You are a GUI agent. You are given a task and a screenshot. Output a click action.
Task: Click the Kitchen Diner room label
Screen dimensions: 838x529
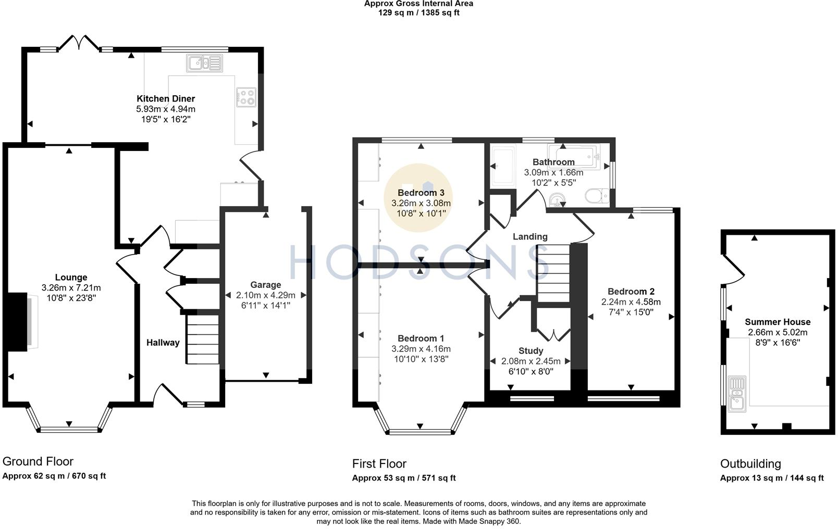[166, 99]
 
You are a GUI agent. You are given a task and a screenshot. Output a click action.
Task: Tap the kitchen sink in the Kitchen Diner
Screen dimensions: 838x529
[205, 63]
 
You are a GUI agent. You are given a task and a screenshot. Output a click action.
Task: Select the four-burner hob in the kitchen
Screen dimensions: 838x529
[246, 97]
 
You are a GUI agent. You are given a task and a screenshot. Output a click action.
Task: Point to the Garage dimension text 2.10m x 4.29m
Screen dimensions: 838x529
[266, 295]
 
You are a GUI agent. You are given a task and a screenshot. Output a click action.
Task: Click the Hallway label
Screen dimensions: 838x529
[163, 343]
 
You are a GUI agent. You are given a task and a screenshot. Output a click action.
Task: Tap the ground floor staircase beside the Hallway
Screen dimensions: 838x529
[203, 339]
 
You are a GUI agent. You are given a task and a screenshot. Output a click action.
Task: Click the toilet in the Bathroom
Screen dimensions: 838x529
[597, 196]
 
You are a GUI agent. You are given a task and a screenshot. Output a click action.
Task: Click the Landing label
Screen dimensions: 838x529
[530, 237]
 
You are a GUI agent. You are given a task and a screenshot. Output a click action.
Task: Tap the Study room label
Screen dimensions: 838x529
[531, 351]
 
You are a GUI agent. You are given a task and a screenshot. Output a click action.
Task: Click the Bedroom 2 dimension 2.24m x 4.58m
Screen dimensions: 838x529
[631, 301]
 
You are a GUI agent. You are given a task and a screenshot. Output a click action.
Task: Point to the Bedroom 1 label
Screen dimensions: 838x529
[421, 338]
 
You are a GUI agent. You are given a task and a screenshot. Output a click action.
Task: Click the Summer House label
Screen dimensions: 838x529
[778, 322]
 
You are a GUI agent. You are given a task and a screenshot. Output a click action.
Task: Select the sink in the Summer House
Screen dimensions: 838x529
[737, 395]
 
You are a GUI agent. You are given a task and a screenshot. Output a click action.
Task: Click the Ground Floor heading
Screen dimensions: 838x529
[38, 461]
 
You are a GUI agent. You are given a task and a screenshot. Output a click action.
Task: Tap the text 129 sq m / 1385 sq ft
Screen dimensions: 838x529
[418, 12]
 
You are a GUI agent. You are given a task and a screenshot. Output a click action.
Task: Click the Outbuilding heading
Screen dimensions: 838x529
[750, 463]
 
